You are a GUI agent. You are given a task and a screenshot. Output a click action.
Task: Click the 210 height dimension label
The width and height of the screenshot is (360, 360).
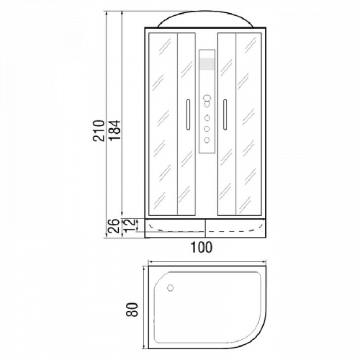point(99,130)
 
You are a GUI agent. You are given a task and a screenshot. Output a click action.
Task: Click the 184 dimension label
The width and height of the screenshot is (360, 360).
point(114,130)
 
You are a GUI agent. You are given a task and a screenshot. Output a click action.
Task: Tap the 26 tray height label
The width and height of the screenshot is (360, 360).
point(114,226)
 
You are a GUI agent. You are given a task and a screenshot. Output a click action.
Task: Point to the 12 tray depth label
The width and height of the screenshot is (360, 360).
point(129,226)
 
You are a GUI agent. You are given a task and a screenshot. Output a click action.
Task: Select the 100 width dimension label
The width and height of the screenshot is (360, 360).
point(202,247)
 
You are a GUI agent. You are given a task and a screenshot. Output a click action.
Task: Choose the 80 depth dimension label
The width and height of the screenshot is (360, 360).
point(132,310)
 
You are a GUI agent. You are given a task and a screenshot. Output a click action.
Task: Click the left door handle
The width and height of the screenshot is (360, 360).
point(188,114)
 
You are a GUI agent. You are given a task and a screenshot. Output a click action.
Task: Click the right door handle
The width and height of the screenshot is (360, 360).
point(225,114)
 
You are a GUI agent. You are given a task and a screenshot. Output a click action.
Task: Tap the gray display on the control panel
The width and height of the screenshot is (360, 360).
point(207,64)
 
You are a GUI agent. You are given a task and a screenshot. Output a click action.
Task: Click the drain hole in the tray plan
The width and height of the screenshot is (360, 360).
point(170,288)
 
